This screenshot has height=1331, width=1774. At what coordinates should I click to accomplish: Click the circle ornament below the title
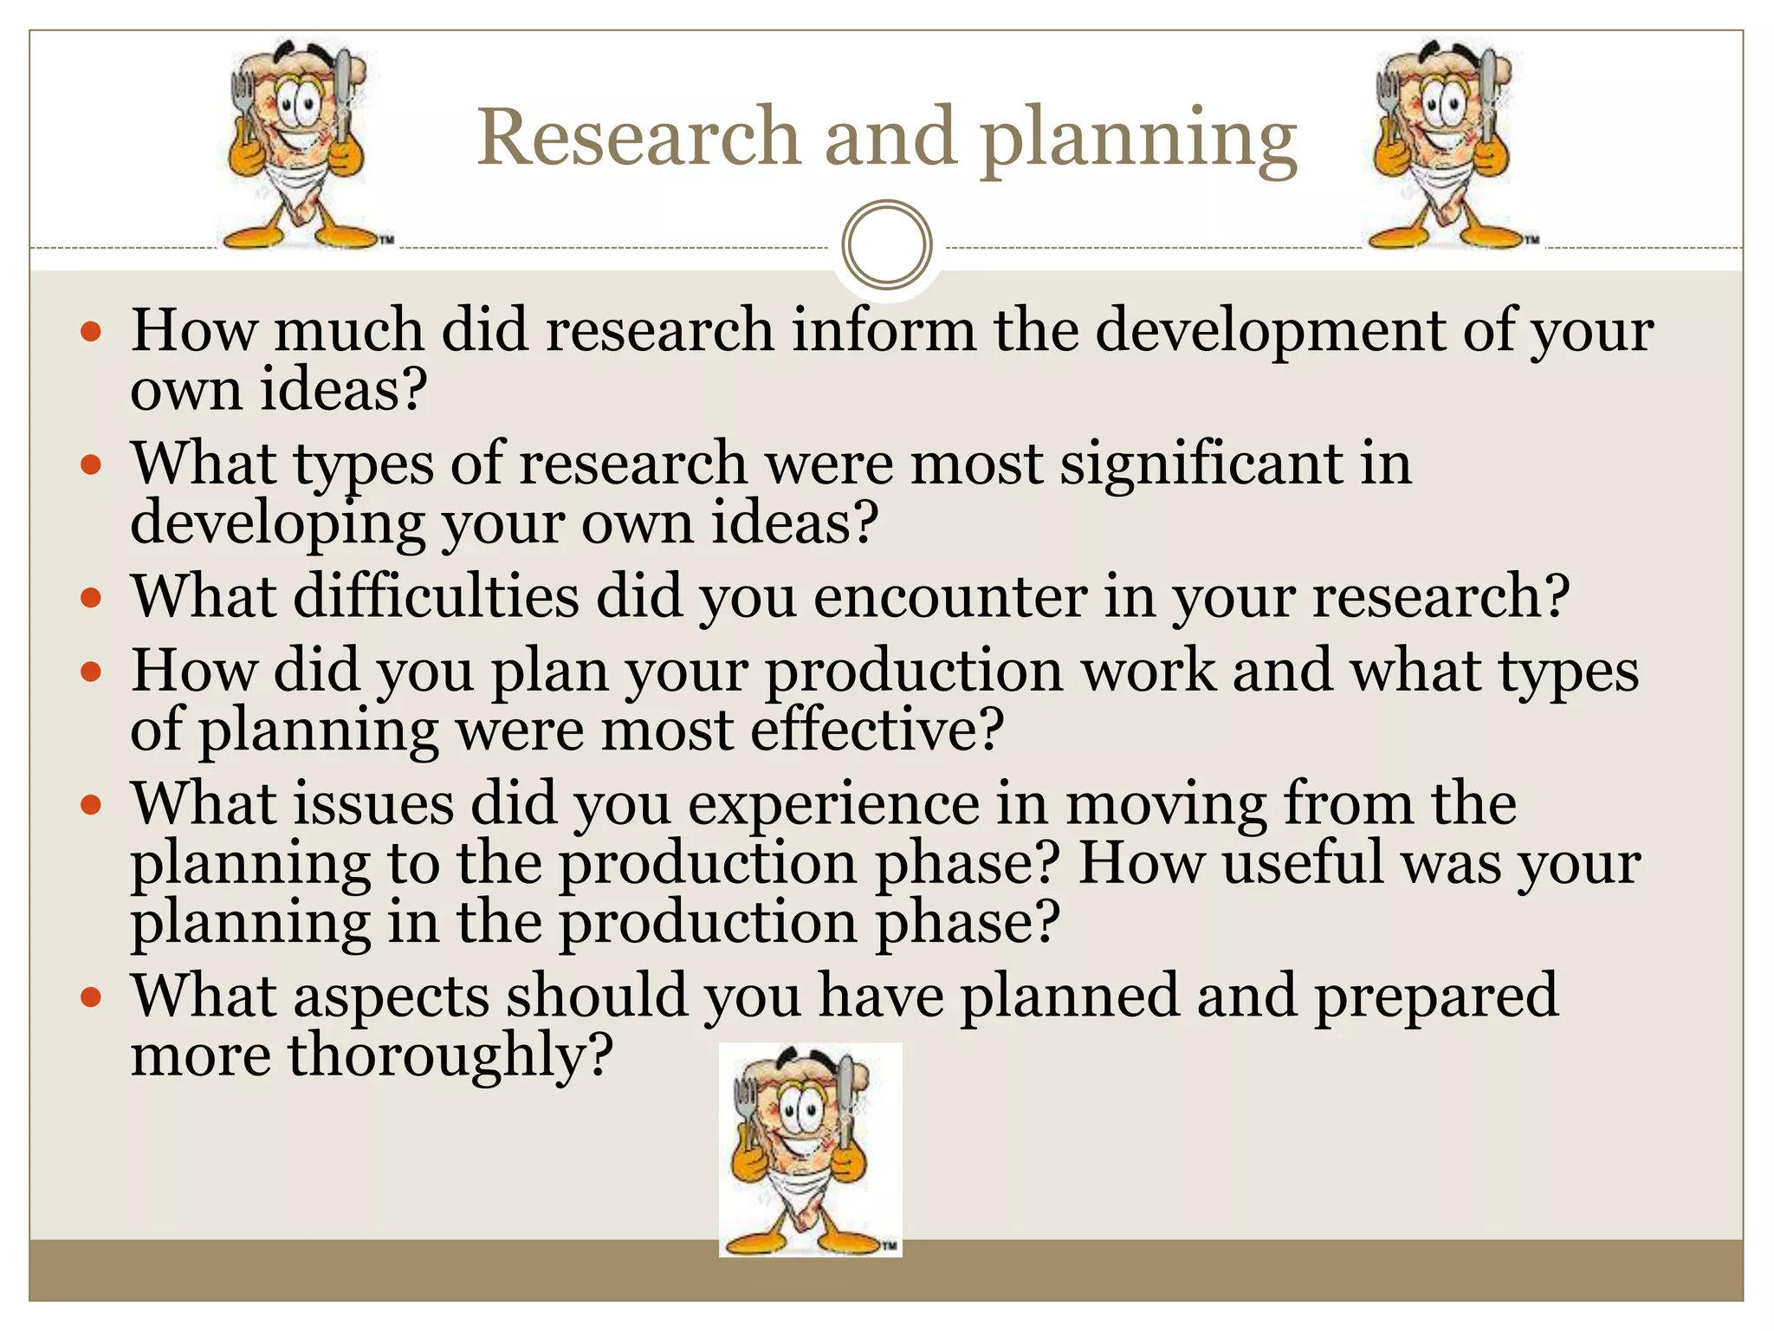click(x=886, y=244)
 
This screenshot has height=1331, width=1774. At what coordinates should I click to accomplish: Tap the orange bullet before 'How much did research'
click(x=91, y=331)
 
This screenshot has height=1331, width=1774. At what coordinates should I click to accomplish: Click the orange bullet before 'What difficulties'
click(x=91, y=597)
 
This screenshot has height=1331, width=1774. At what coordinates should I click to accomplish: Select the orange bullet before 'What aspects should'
click(x=91, y=997)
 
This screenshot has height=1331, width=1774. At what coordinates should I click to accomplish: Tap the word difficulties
click(x=437, y=597)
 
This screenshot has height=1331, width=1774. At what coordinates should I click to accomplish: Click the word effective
click(x=876, y=730)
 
